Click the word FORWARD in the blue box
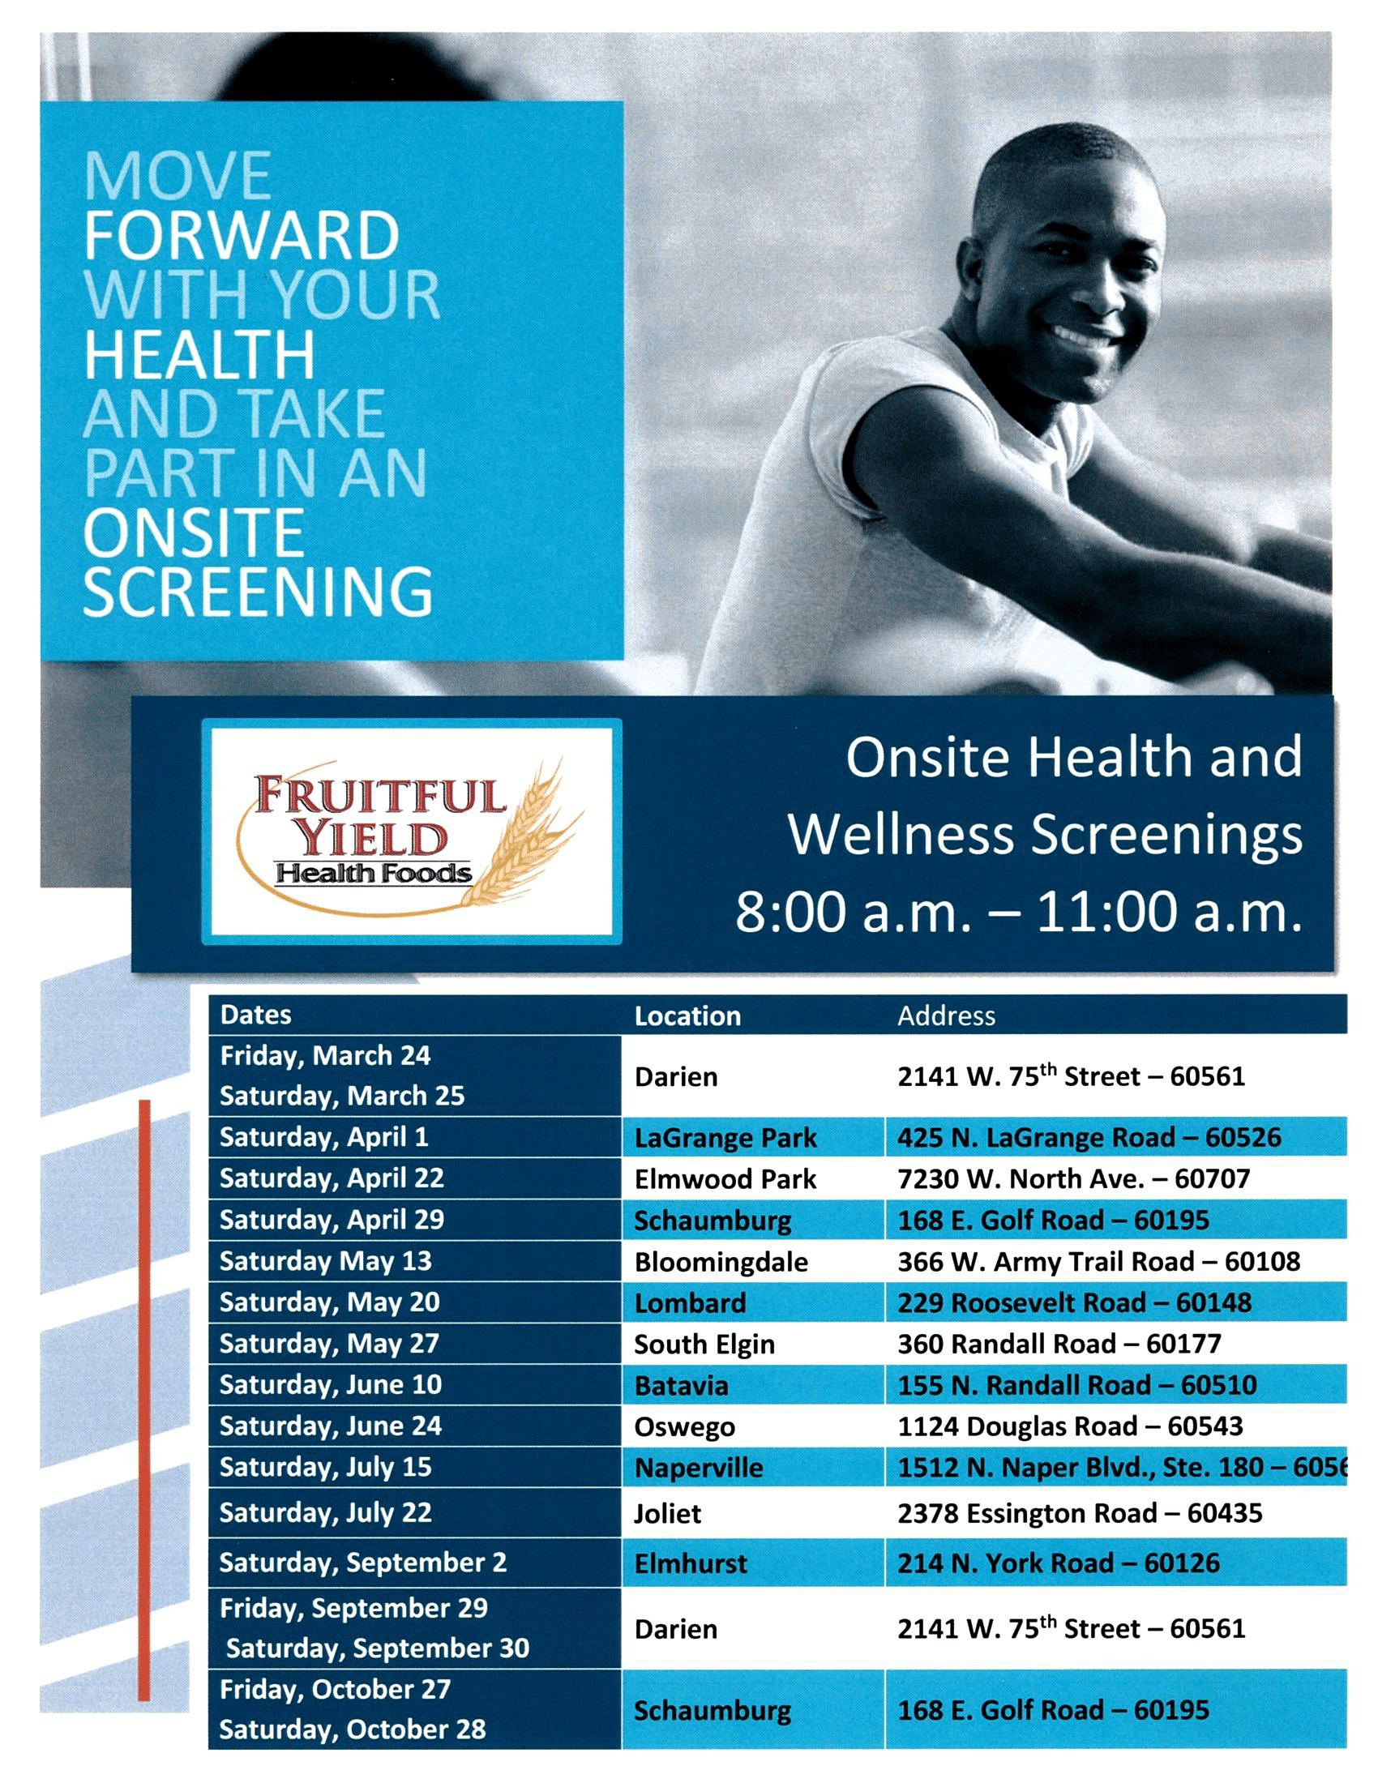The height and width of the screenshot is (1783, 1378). tap(242, 235)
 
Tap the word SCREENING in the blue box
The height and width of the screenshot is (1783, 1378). tap(258, 591)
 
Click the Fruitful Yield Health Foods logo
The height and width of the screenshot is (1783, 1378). tap(412, 832)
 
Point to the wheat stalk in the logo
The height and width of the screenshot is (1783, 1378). tap(523, 832)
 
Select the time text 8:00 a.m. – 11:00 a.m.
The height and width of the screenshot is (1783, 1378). tap(1019, 912)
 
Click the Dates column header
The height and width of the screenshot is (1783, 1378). tap(255, 1015)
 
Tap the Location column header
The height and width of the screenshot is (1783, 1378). tap(687, 1015)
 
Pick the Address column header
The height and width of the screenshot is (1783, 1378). tap(946, 1015)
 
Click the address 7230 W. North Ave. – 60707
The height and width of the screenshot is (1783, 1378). tap(1073, 1179)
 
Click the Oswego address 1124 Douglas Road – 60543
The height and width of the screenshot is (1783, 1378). tap(1070, 1426)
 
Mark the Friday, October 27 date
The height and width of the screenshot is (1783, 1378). tap(335, 1689)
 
